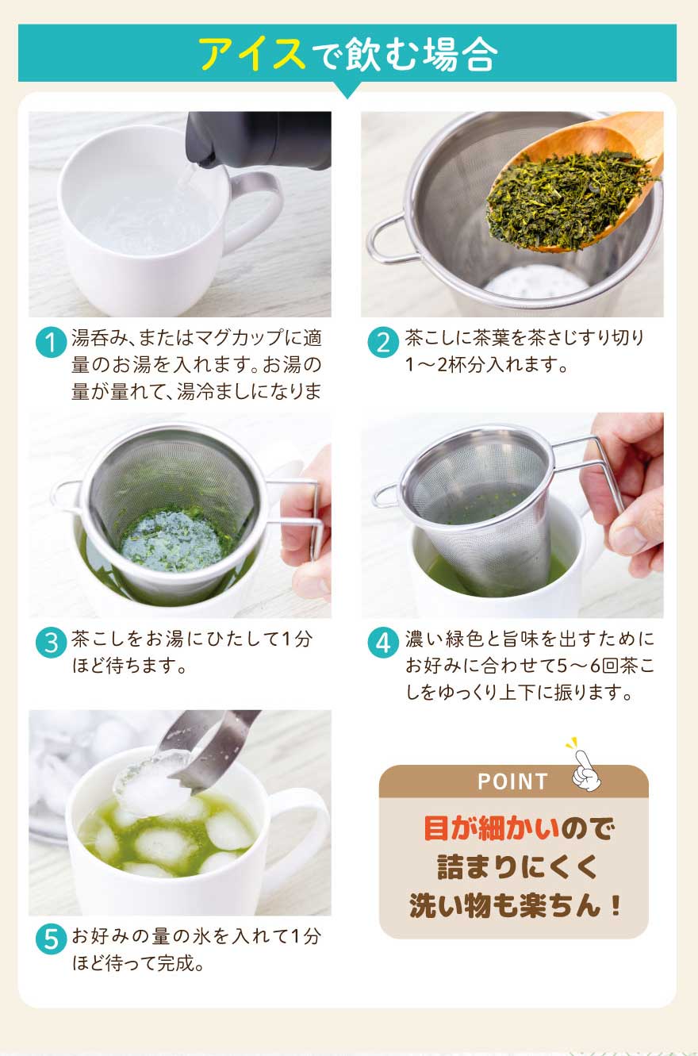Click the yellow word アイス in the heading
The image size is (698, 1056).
tap(251, 53)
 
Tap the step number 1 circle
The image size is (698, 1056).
tap(51, 342)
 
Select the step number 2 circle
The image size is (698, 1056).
tap(383, 342)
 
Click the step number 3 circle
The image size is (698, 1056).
tap(51, 643)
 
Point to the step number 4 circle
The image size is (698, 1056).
tap(383, 643)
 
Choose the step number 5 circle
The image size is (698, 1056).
tap(51, 939)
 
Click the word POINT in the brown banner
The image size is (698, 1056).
tap(512, 781)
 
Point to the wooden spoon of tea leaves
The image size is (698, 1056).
tap(575, 189)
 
